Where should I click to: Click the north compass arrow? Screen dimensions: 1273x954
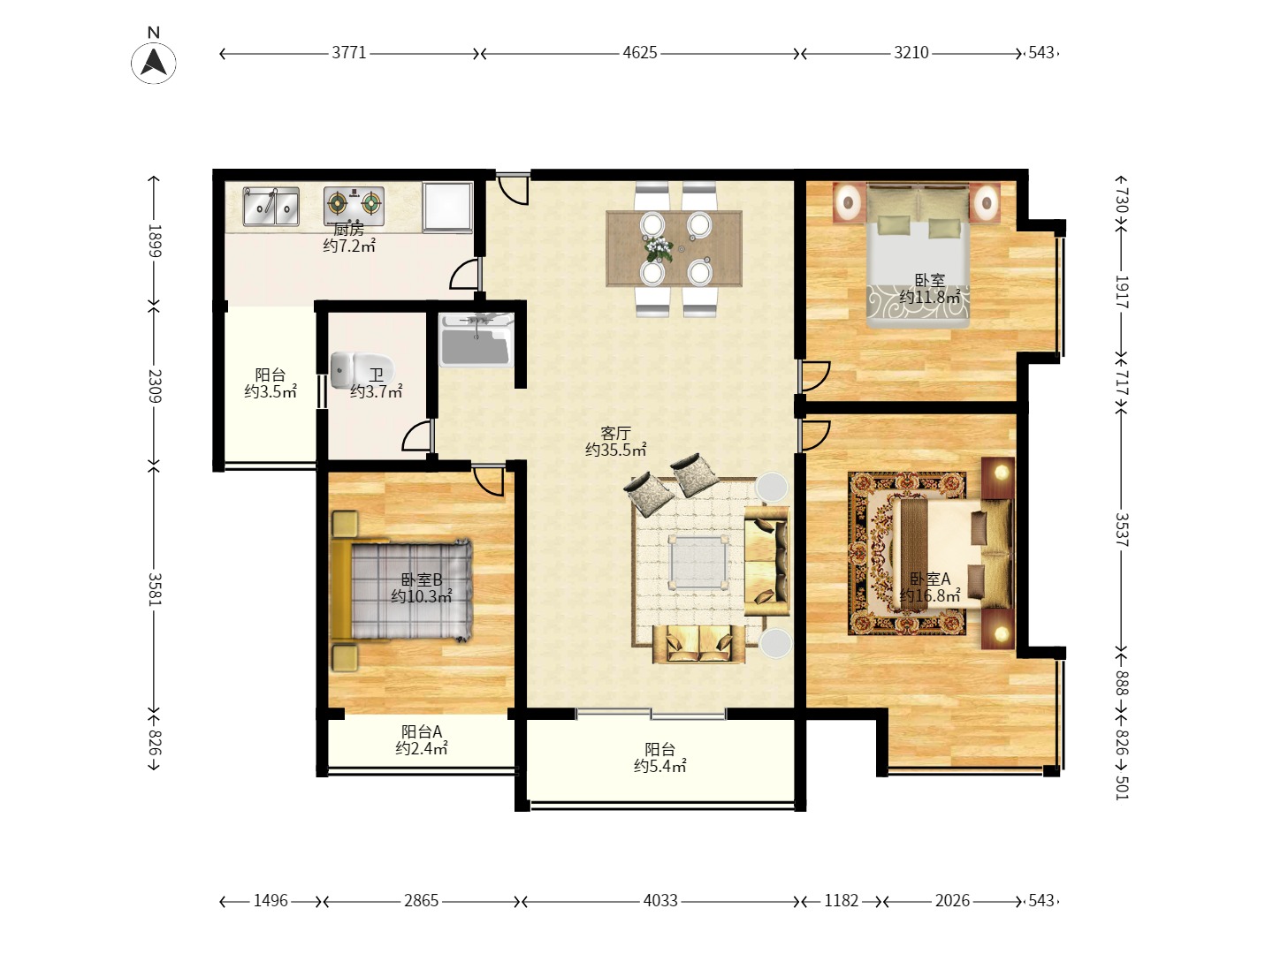155,63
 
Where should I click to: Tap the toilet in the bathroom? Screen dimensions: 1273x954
362,369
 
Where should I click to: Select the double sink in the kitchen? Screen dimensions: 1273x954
271,206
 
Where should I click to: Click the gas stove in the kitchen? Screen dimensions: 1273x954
354,206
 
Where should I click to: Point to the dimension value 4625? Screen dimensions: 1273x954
640,53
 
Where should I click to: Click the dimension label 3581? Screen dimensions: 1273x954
155,589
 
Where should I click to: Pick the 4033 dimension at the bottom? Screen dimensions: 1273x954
660,901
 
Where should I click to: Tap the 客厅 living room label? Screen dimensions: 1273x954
615,433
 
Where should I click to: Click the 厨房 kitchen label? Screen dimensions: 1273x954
348,230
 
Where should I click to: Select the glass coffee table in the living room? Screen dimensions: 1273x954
699,563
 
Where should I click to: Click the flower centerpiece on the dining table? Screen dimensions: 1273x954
659,249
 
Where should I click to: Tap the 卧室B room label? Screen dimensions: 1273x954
422,579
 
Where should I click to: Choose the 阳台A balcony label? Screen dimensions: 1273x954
422,731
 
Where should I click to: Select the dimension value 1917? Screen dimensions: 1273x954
1122,291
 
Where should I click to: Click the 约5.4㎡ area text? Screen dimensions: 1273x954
660,767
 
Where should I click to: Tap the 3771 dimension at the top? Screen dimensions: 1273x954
349,53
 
